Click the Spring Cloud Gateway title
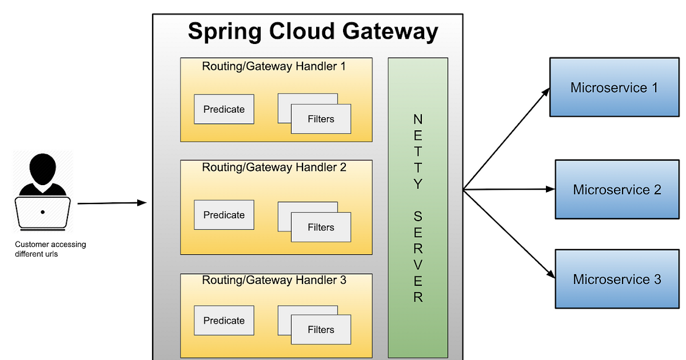(313, 31)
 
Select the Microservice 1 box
(614, 87)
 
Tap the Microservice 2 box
(617, 189)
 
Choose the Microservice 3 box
(617, 279)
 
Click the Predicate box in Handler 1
(224, 109)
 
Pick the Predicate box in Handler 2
(224, 215)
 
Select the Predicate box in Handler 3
(224, 321)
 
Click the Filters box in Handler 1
(321, 119)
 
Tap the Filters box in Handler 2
(321, 227)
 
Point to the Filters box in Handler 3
(321, 330)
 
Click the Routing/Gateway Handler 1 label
(274, 66)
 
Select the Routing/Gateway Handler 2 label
(274, 167)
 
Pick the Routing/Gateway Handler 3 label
(274, 281)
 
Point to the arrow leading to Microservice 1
(506, 138)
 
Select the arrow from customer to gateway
(111, 203)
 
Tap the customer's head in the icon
(43, 168)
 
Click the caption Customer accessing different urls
(50, 249)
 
